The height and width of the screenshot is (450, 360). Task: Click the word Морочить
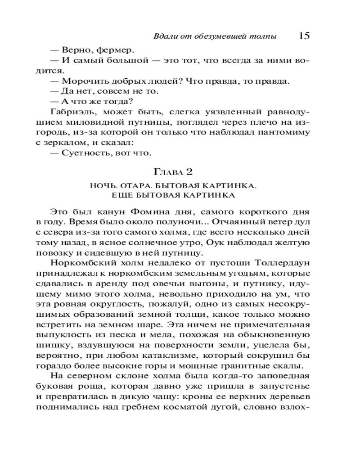click(x=79, y=81)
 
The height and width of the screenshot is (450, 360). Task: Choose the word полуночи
click(x=179, y=222)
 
